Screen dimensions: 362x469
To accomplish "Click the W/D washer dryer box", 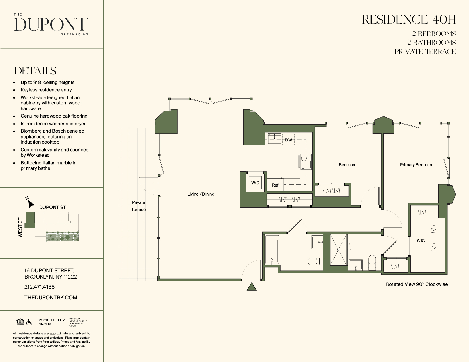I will [x=255, y=183].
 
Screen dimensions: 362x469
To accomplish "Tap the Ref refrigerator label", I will [x=275, y=185].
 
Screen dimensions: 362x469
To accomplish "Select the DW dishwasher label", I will [x=288, y=140].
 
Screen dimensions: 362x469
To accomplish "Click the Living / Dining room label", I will [x=201, y=194].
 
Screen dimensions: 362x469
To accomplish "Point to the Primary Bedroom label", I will [x=416, y=165].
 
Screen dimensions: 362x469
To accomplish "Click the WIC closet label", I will [x=420, y=241].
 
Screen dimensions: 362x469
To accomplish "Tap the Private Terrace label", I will [x=138, y=206].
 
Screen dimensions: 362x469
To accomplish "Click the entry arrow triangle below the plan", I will [x=252, y=287].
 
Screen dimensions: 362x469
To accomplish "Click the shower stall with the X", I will [x=338, y=250].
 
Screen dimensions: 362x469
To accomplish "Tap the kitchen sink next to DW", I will [x=274, y=139].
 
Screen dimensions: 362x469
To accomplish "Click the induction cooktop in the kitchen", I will [x=306, y=162].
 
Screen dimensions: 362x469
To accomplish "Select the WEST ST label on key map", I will [x=20, y=227].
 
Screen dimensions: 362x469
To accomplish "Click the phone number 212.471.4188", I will [x=39, y=287].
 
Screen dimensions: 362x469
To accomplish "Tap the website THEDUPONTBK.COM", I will [x=51, y=297].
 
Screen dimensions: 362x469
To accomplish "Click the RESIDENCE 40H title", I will [x=409, y=20].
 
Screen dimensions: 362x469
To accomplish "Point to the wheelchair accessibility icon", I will [x=29, y=322].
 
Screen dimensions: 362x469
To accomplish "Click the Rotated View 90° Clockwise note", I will [x=416, y=284].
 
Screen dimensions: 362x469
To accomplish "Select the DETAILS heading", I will [x=35, y=71].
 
